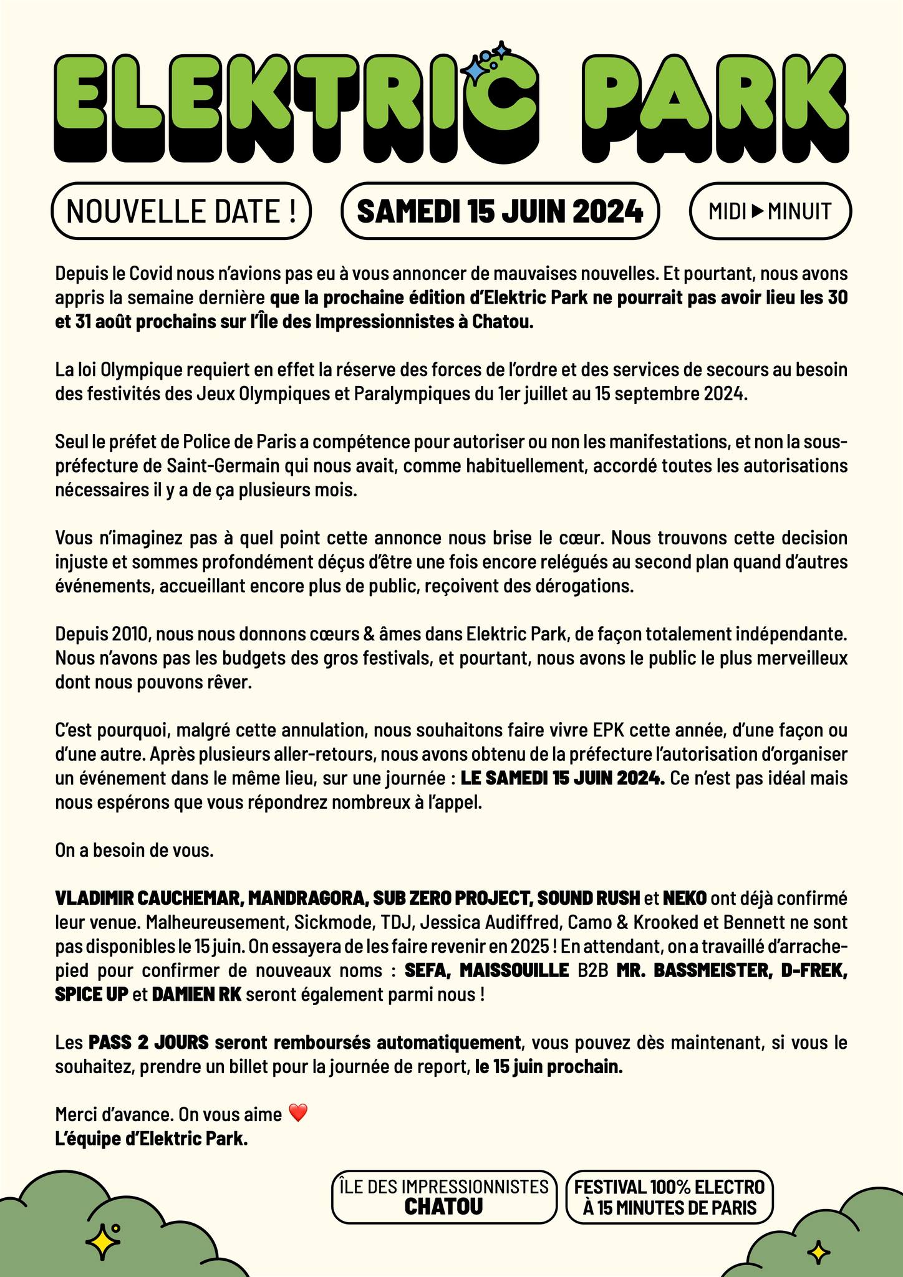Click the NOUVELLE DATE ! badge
click(180, 211)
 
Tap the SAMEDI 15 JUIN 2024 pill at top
click(500, 211)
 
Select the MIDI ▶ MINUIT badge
click(770, 211)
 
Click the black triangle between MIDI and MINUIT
click(757, 211)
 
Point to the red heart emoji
click(299, 1113)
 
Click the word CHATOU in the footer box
click(443, 1207)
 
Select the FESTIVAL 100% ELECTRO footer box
click(669, 1197)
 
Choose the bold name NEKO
click(684, 898)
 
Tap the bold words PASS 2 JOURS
click(147, 1043)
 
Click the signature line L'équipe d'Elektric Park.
click(152, 1139)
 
